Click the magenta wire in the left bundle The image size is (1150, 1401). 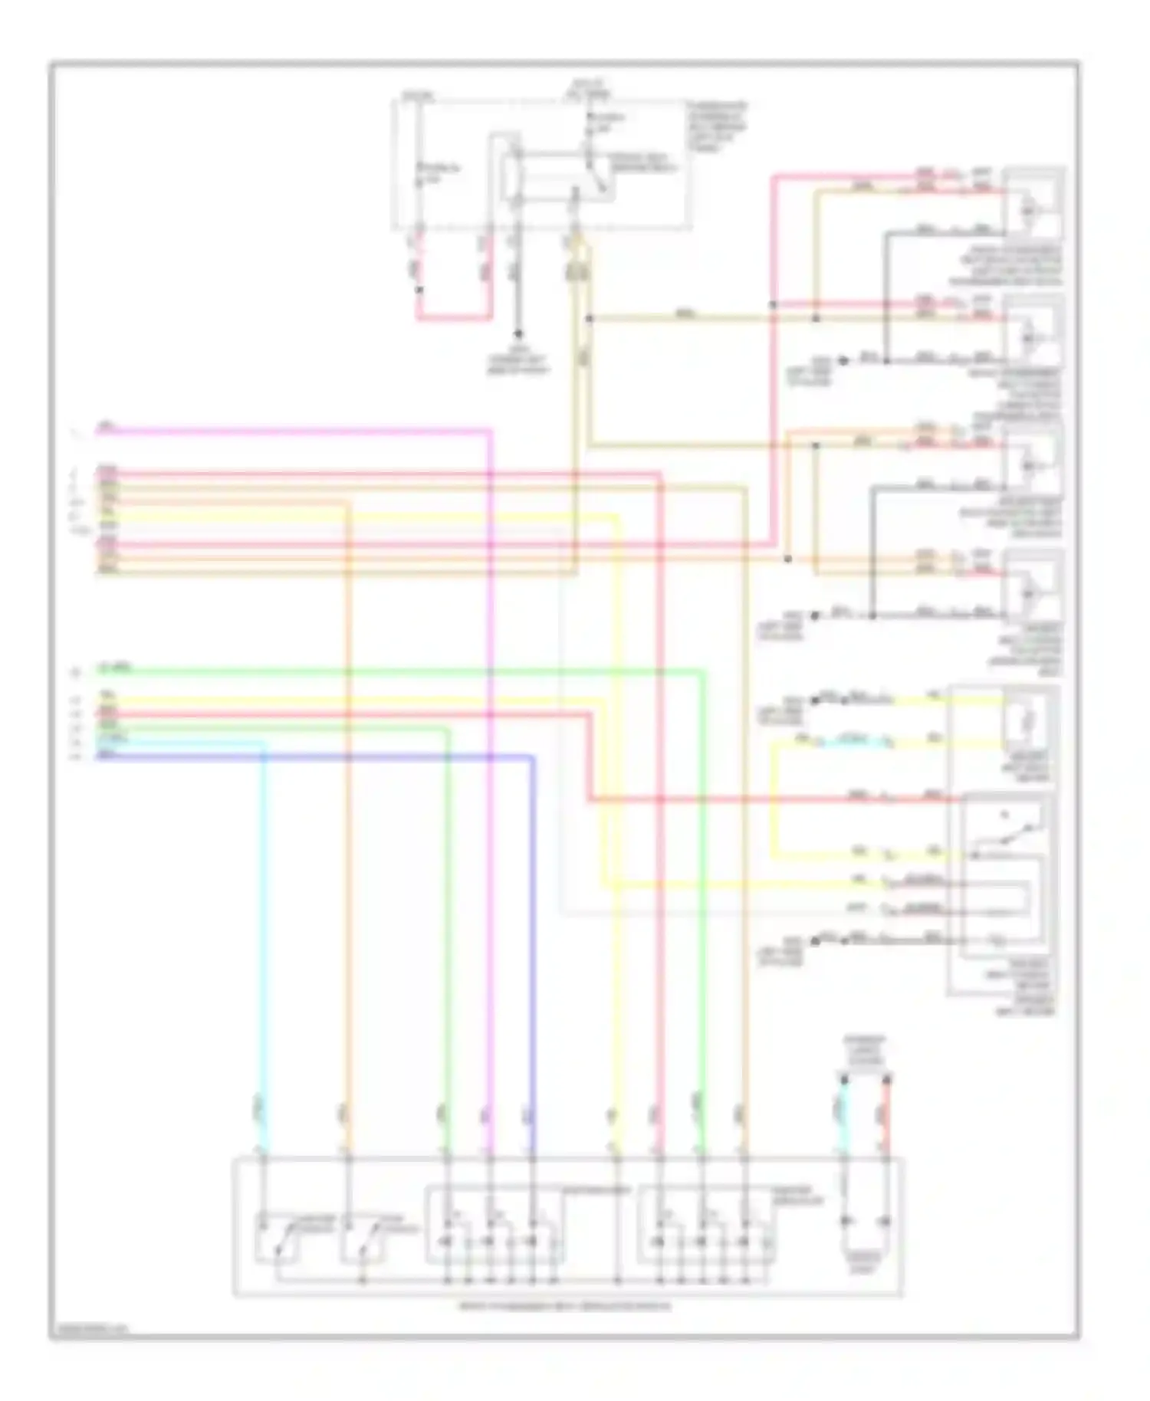point(291,431)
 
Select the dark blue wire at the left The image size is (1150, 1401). point(307,757)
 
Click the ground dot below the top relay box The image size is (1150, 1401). point(518,334)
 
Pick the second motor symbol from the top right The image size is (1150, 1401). point(1032,334)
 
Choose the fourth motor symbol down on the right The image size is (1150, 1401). point(1032,591)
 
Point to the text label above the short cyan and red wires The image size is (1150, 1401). point(865,1050)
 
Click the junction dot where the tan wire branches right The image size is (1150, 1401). point(589,317)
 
